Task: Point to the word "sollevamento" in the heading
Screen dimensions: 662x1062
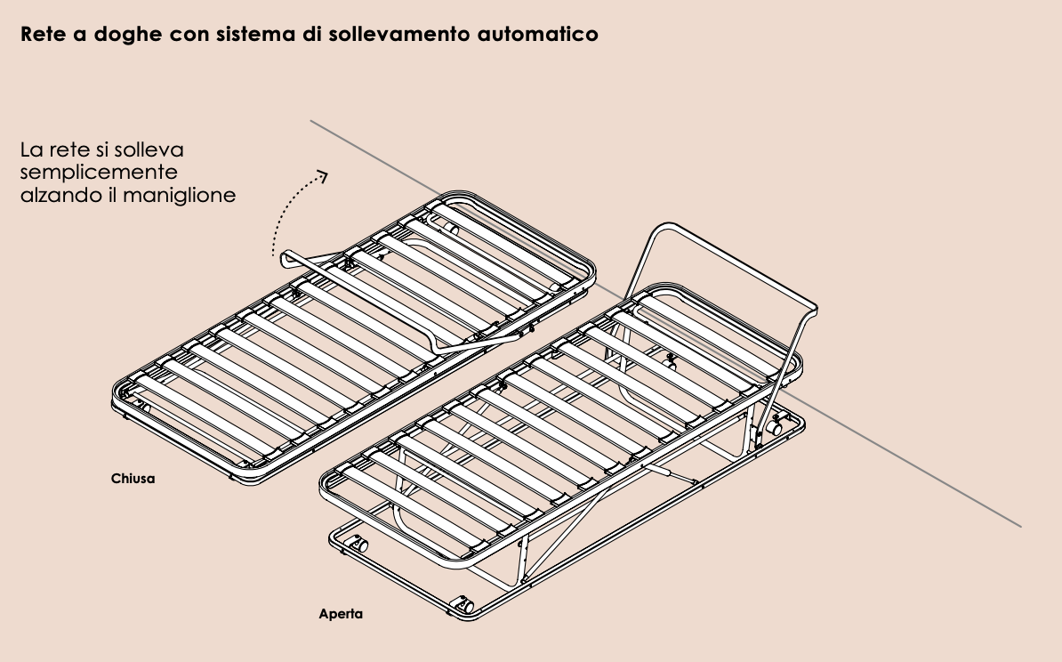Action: pyautogui.click(x=387, y=36)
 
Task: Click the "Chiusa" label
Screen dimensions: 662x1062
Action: pyautogui.click(x=133, y=479)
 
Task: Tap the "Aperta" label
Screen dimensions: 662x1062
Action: pyautogui.click(x=341, y=614)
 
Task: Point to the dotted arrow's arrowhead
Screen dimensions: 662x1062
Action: pyautogui.click(x=322, y=176)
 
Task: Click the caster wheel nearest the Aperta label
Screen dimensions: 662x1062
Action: pyautogui.click(x=464, y=604)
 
